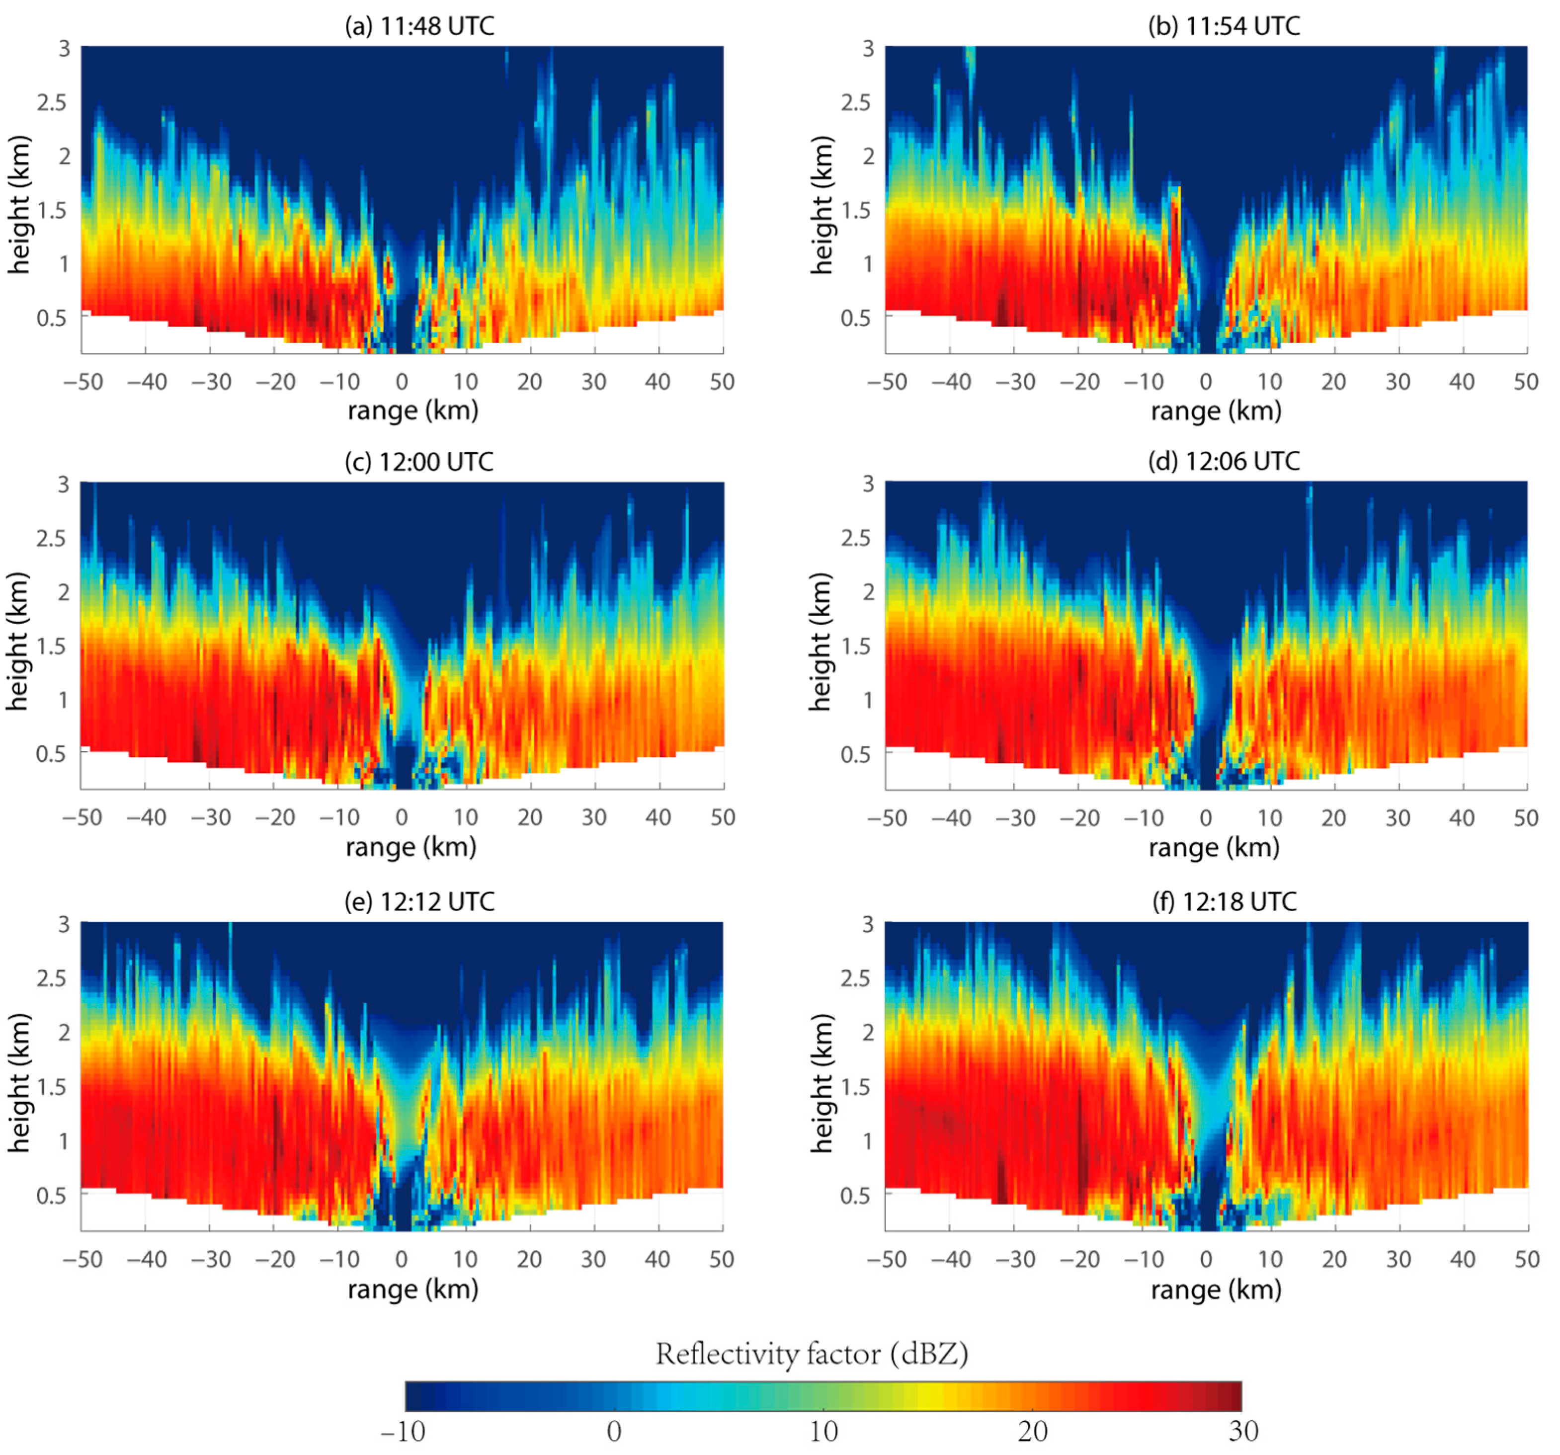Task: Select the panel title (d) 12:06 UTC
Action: (x=1224, y=462)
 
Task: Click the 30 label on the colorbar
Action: (x=1243, y=1432)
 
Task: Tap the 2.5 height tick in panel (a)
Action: (x=52, y=103)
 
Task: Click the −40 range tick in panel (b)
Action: (x=951, y=382)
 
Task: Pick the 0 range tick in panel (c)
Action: (x=402, y=818)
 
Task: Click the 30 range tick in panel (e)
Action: (x=593, y=1260)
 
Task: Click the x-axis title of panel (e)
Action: (x=413, y=1290)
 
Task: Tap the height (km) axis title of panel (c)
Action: (x=19, y=641)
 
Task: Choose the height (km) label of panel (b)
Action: (x=821, y=206)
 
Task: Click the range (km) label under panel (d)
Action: (x=1214, y=848)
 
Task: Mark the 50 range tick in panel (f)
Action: (x=1526, y=1260)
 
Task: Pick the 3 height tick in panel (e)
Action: (x=64, y=924)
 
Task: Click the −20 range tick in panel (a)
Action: (x=275, y=382)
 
